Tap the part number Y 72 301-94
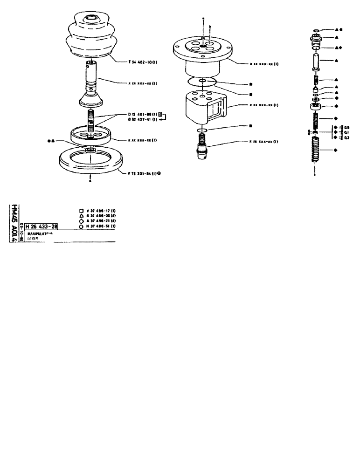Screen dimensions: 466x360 click(x=142, y=173)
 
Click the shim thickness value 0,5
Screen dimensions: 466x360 click(x=347, y=127)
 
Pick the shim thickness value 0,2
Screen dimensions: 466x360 click(x=347, y=137)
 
